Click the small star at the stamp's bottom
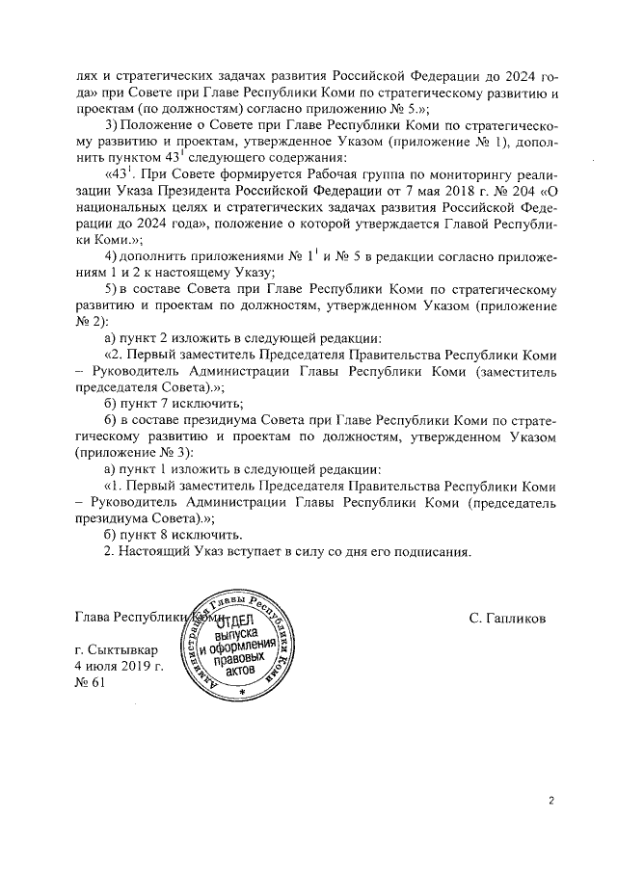click(x=242, y=692)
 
